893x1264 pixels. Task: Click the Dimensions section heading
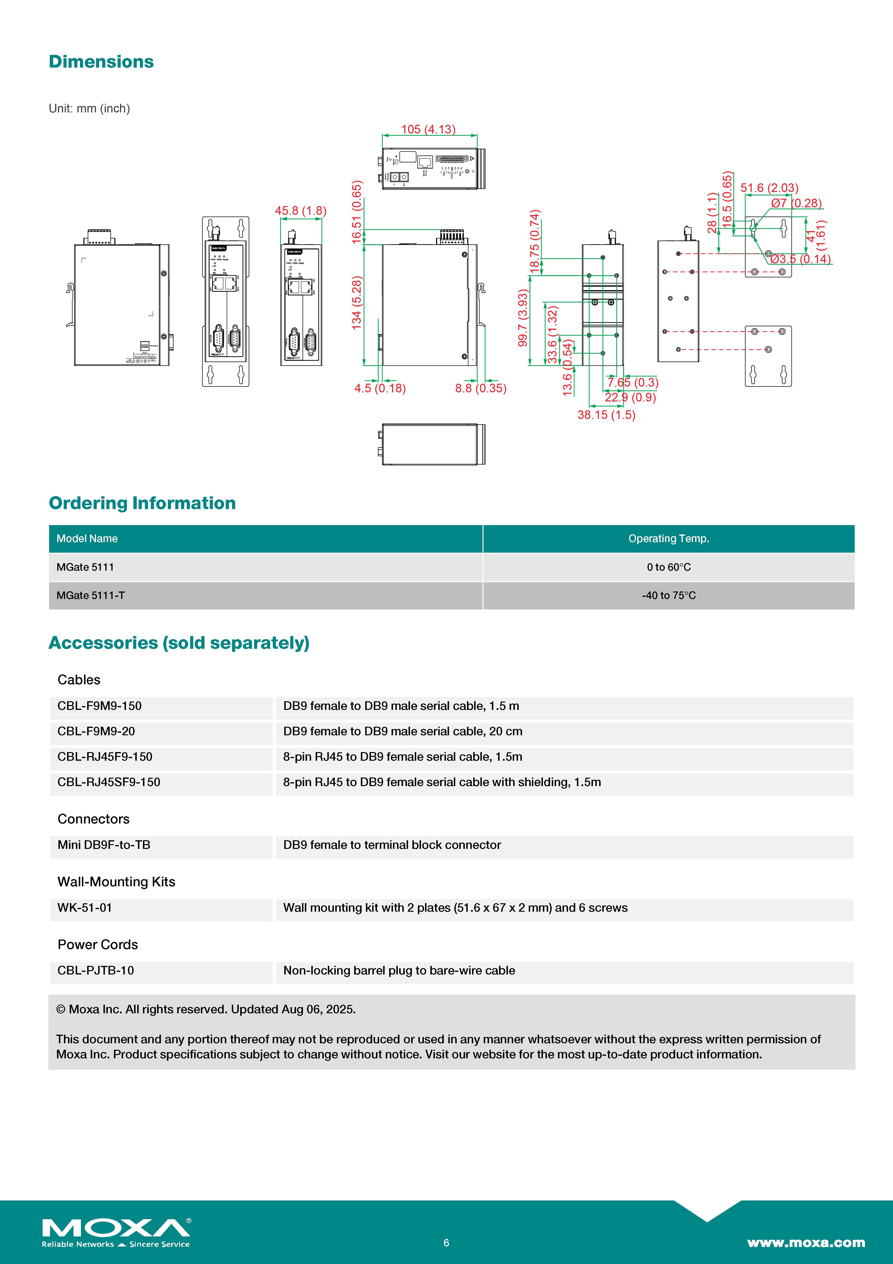[x=101, y=62]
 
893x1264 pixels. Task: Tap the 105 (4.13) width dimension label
[x=428, y=129]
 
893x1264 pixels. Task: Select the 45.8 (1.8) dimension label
[x=300, y=211]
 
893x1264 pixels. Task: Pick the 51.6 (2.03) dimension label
[x=769, y=188]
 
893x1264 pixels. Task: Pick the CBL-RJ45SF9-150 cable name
[x=109, y=782]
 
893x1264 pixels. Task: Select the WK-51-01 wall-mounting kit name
[x=85, y=908]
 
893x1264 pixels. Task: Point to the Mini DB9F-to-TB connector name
[x=104, y=845]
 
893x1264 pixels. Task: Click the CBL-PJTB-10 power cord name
[x=96, y=971]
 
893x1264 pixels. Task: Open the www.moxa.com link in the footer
[x=806, y=1242]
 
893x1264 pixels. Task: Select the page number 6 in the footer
[x=446, y=1242]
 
